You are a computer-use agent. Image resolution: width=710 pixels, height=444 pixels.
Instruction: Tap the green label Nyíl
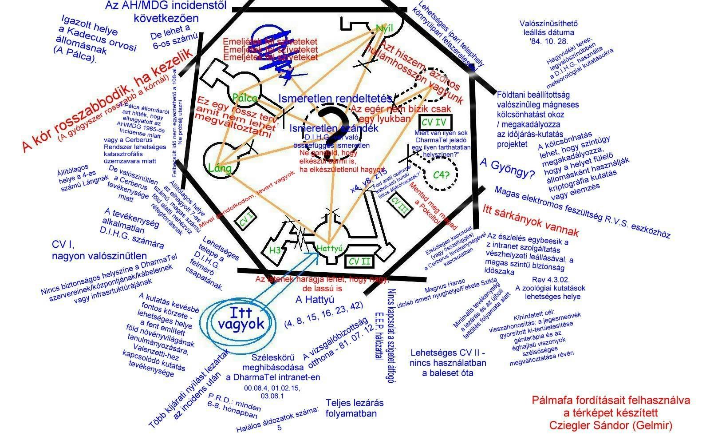click(384, 28)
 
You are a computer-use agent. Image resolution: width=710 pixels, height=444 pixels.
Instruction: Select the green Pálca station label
click(245, 98)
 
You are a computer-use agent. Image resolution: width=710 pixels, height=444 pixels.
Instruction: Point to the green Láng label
click(220, 168)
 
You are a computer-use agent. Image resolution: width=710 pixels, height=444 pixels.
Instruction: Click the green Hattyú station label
click(330, 249)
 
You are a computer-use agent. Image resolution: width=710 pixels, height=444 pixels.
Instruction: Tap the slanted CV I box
click(245, 220)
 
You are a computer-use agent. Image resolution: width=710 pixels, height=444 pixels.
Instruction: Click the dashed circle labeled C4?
click(442, 175)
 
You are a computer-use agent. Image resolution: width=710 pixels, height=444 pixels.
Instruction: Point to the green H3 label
click(275, 250)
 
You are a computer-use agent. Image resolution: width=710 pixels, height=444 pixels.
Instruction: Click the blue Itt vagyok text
click(241, 318)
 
